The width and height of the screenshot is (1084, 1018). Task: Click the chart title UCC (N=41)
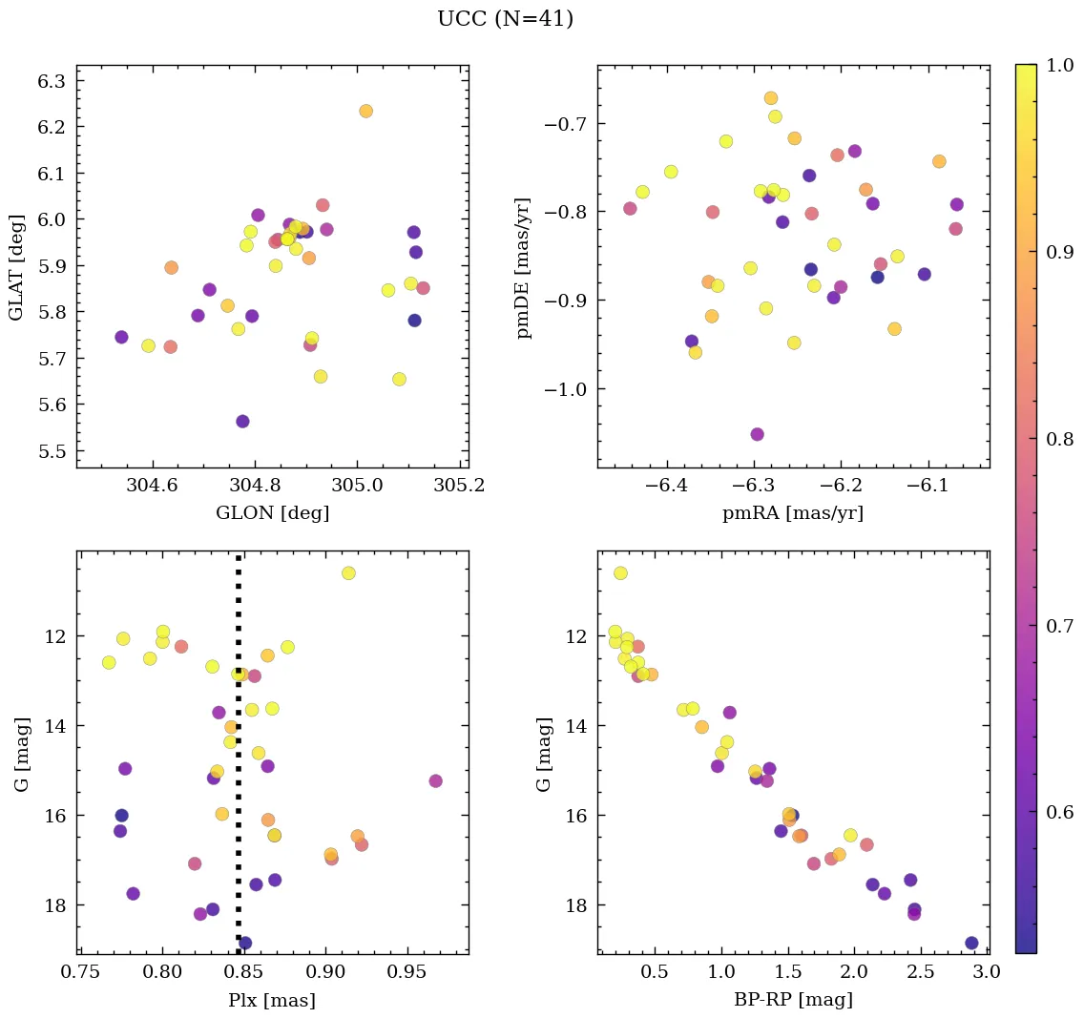[505, 19]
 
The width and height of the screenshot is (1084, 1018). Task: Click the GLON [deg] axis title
[272, 513]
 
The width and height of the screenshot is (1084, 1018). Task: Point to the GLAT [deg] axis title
[16, 267]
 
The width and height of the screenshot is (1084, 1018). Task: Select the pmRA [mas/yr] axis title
[793, 513]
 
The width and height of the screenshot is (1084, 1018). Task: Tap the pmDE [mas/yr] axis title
[524, 267]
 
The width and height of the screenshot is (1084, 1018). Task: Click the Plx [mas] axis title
[272, 1000]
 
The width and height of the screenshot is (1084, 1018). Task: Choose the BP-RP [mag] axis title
[793, 1000]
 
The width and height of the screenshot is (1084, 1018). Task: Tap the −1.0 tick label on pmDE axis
[563, 389]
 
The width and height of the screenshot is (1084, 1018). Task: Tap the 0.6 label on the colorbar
[1058, 813]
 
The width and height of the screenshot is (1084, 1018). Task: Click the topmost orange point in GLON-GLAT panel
[365, 111]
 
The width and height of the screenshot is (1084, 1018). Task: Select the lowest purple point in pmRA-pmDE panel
[757, 434]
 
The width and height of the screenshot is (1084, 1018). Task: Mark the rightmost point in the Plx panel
[435, 780]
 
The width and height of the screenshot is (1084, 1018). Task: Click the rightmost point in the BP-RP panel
[971, 943]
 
